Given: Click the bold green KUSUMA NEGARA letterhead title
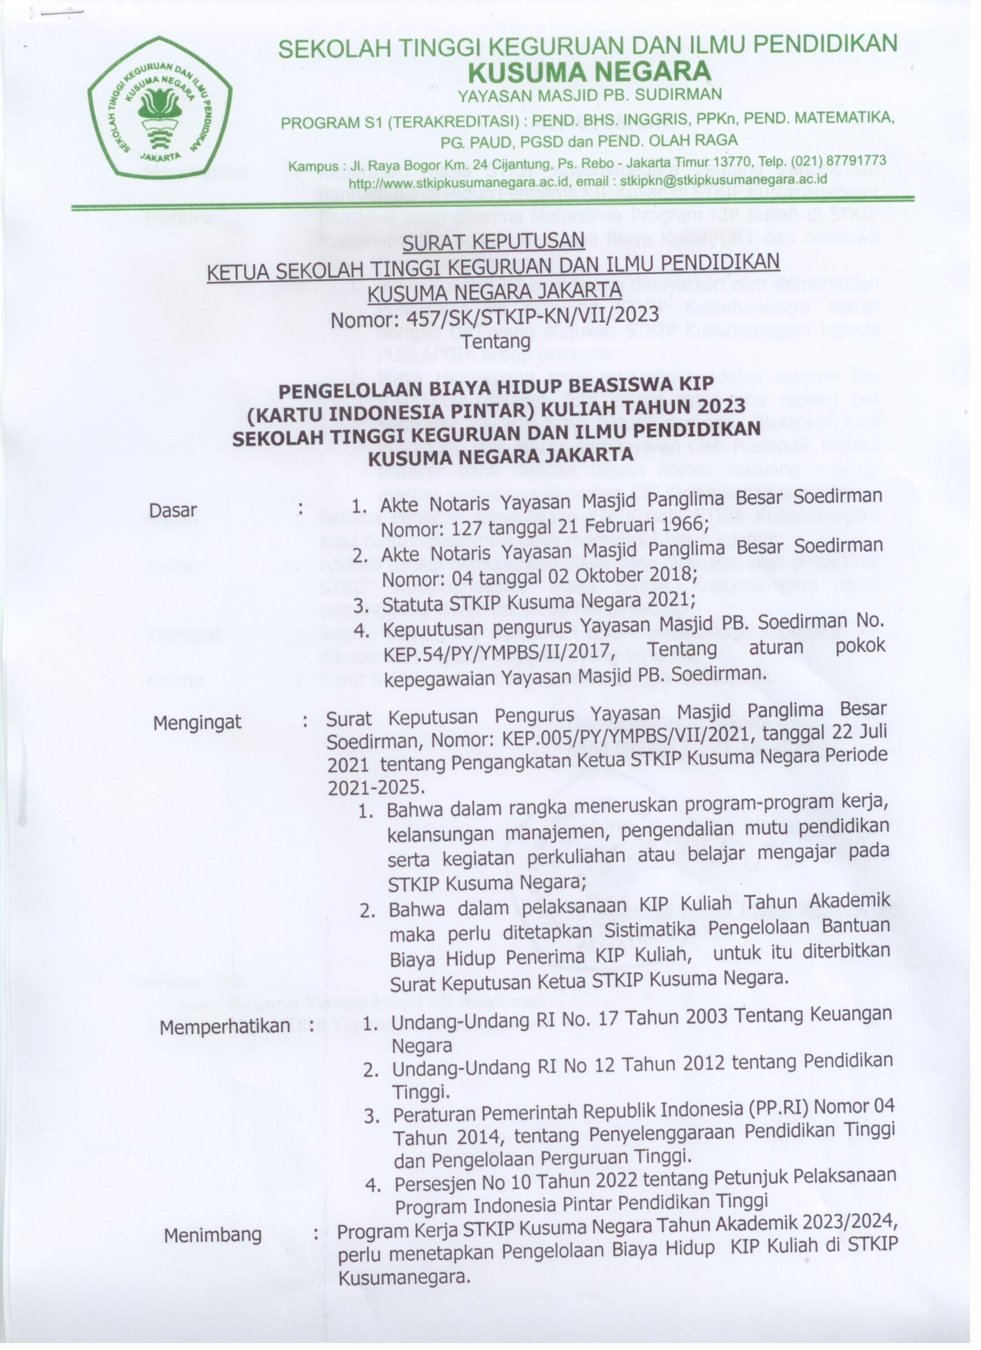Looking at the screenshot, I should [x=589, y=72].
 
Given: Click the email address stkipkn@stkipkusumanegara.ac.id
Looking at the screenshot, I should [x=724, y=179].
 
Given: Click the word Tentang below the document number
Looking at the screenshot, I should [x=496, y=342].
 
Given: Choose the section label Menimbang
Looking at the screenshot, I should [x=213, y=1235].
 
